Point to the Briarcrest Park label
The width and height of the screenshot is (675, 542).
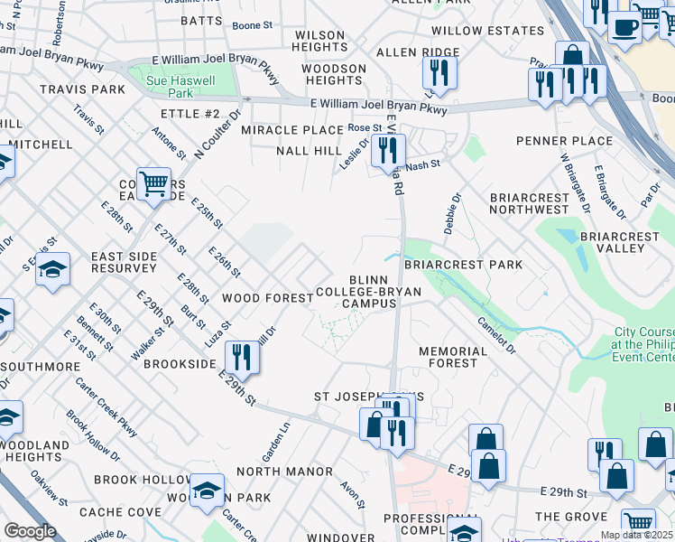463,265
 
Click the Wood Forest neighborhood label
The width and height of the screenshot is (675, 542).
264,297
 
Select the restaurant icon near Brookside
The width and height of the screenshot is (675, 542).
241,357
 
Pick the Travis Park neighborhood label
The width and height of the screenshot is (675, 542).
82,89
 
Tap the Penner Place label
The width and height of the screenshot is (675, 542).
564,141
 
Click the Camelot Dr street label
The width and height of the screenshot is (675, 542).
497,335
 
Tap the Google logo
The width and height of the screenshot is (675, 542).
30,531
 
